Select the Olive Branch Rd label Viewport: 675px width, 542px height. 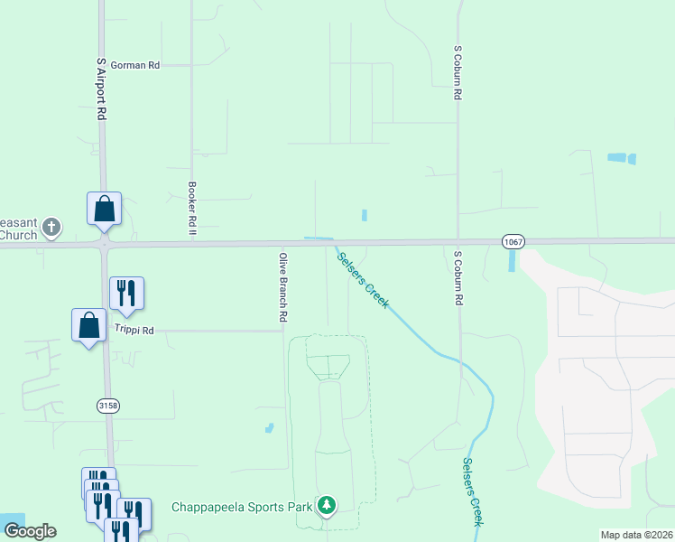[x=282, y=288]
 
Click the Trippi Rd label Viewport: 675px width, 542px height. [x=134, y=331]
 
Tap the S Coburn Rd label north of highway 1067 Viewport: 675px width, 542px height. [x=458, y=72]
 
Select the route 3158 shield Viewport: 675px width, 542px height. [x=107, y=406]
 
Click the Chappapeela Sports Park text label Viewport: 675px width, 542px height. [x=243, y=507]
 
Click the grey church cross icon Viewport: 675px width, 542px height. [x=52, y=227]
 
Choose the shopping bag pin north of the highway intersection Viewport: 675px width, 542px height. [x=104, y=209]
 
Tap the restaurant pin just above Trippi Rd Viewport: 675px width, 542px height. [x=126, y=294]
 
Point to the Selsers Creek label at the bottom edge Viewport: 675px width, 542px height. [x=473, y=492]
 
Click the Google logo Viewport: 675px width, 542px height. [x=30, y=531]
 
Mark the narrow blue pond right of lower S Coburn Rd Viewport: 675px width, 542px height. [x=513, y=261]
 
